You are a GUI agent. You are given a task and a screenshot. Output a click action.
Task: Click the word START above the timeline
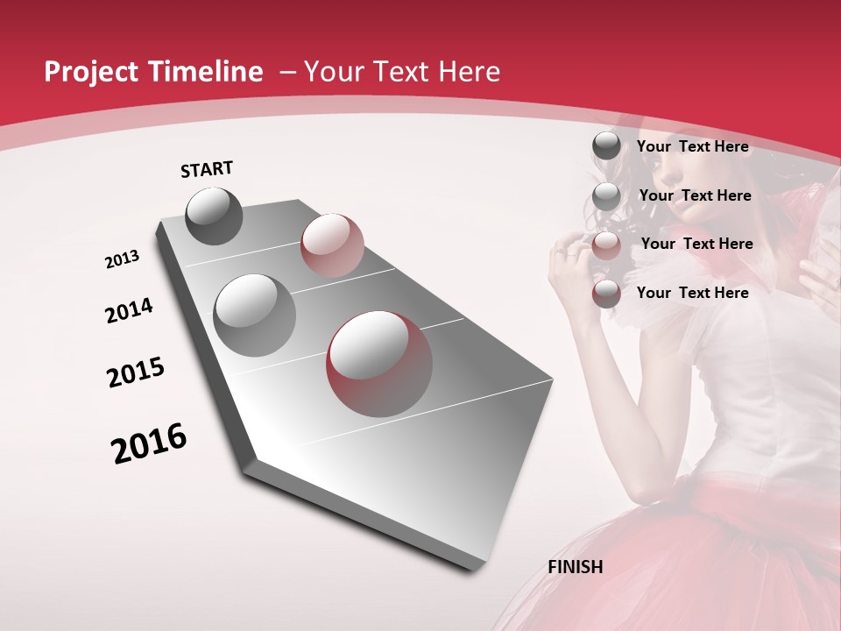(x=207, y=169)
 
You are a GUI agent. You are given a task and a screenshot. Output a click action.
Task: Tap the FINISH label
(x=576, y=566)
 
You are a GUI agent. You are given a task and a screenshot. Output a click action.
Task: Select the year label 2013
(x=122, y=259)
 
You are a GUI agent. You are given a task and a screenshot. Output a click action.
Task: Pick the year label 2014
(x=129, y=310)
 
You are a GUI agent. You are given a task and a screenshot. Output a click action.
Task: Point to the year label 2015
(x=136, y=372)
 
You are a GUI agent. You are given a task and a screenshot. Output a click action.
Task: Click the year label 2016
(x=149, y=443)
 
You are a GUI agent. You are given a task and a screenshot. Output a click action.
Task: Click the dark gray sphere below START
(x=214, y=216)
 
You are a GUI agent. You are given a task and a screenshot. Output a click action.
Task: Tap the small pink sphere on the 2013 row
(x=332, y=245)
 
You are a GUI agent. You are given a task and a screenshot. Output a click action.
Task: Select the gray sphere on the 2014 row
(x=254, y=315)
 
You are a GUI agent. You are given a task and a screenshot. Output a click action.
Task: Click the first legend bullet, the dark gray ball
(x=606, y=145)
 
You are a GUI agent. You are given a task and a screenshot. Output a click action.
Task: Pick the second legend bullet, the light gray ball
(x=606, y=196)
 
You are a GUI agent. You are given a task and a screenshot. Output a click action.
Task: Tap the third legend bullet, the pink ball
(x=606, y=245)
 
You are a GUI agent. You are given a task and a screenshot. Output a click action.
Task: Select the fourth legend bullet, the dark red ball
(x=606, y=294)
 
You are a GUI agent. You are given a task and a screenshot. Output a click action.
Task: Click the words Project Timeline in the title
(x=153, y=72)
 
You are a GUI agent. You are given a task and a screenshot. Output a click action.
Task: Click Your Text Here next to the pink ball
(x=696, y=244)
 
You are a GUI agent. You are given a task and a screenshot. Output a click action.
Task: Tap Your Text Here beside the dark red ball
(x=692, y=293)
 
